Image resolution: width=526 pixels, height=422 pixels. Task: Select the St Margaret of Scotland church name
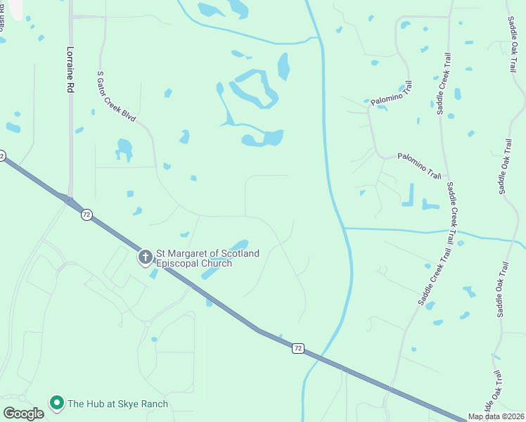tap(207, 258)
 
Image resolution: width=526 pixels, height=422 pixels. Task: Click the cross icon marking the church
tap(146, 257)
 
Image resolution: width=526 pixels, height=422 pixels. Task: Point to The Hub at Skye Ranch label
tap(117, 404)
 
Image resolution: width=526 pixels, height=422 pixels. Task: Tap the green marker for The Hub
tap(56, 403)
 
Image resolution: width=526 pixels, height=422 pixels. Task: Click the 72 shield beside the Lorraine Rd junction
tap(86, 215)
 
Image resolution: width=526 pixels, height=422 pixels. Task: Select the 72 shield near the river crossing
tap(298, 347)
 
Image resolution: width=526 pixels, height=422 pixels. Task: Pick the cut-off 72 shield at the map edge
tap(2, 155)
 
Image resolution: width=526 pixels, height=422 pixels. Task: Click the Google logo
tap(23, 413)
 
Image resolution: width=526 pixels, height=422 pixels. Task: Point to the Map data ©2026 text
tap(495, 416)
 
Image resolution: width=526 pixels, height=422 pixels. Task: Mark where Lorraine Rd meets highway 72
tap(70, 201)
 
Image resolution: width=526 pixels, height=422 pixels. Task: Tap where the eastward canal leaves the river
tap(345, 228)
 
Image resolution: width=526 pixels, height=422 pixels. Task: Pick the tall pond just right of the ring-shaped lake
tap(283, 67)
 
